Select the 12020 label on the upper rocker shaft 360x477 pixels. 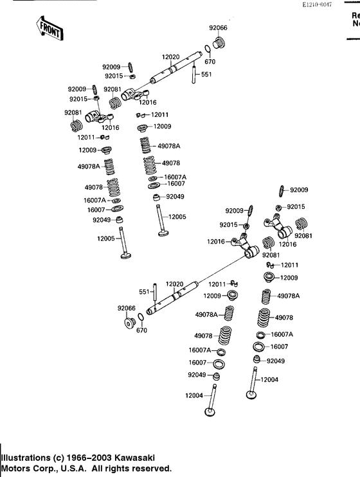click(x=170, y=57)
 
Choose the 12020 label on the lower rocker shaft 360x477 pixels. click(x=175, y=283)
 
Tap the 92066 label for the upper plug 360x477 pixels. click(x=218, y=28)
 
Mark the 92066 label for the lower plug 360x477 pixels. click(x=126, y=308)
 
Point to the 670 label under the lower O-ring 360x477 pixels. click(x=141, y=331)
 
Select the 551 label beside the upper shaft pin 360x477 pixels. click(x=206, y=75)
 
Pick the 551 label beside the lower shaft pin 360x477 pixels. click(x=144, y=292)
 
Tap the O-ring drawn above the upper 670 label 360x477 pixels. click(x=209, y=50)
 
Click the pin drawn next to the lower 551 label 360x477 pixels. click(x=154, y=292)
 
